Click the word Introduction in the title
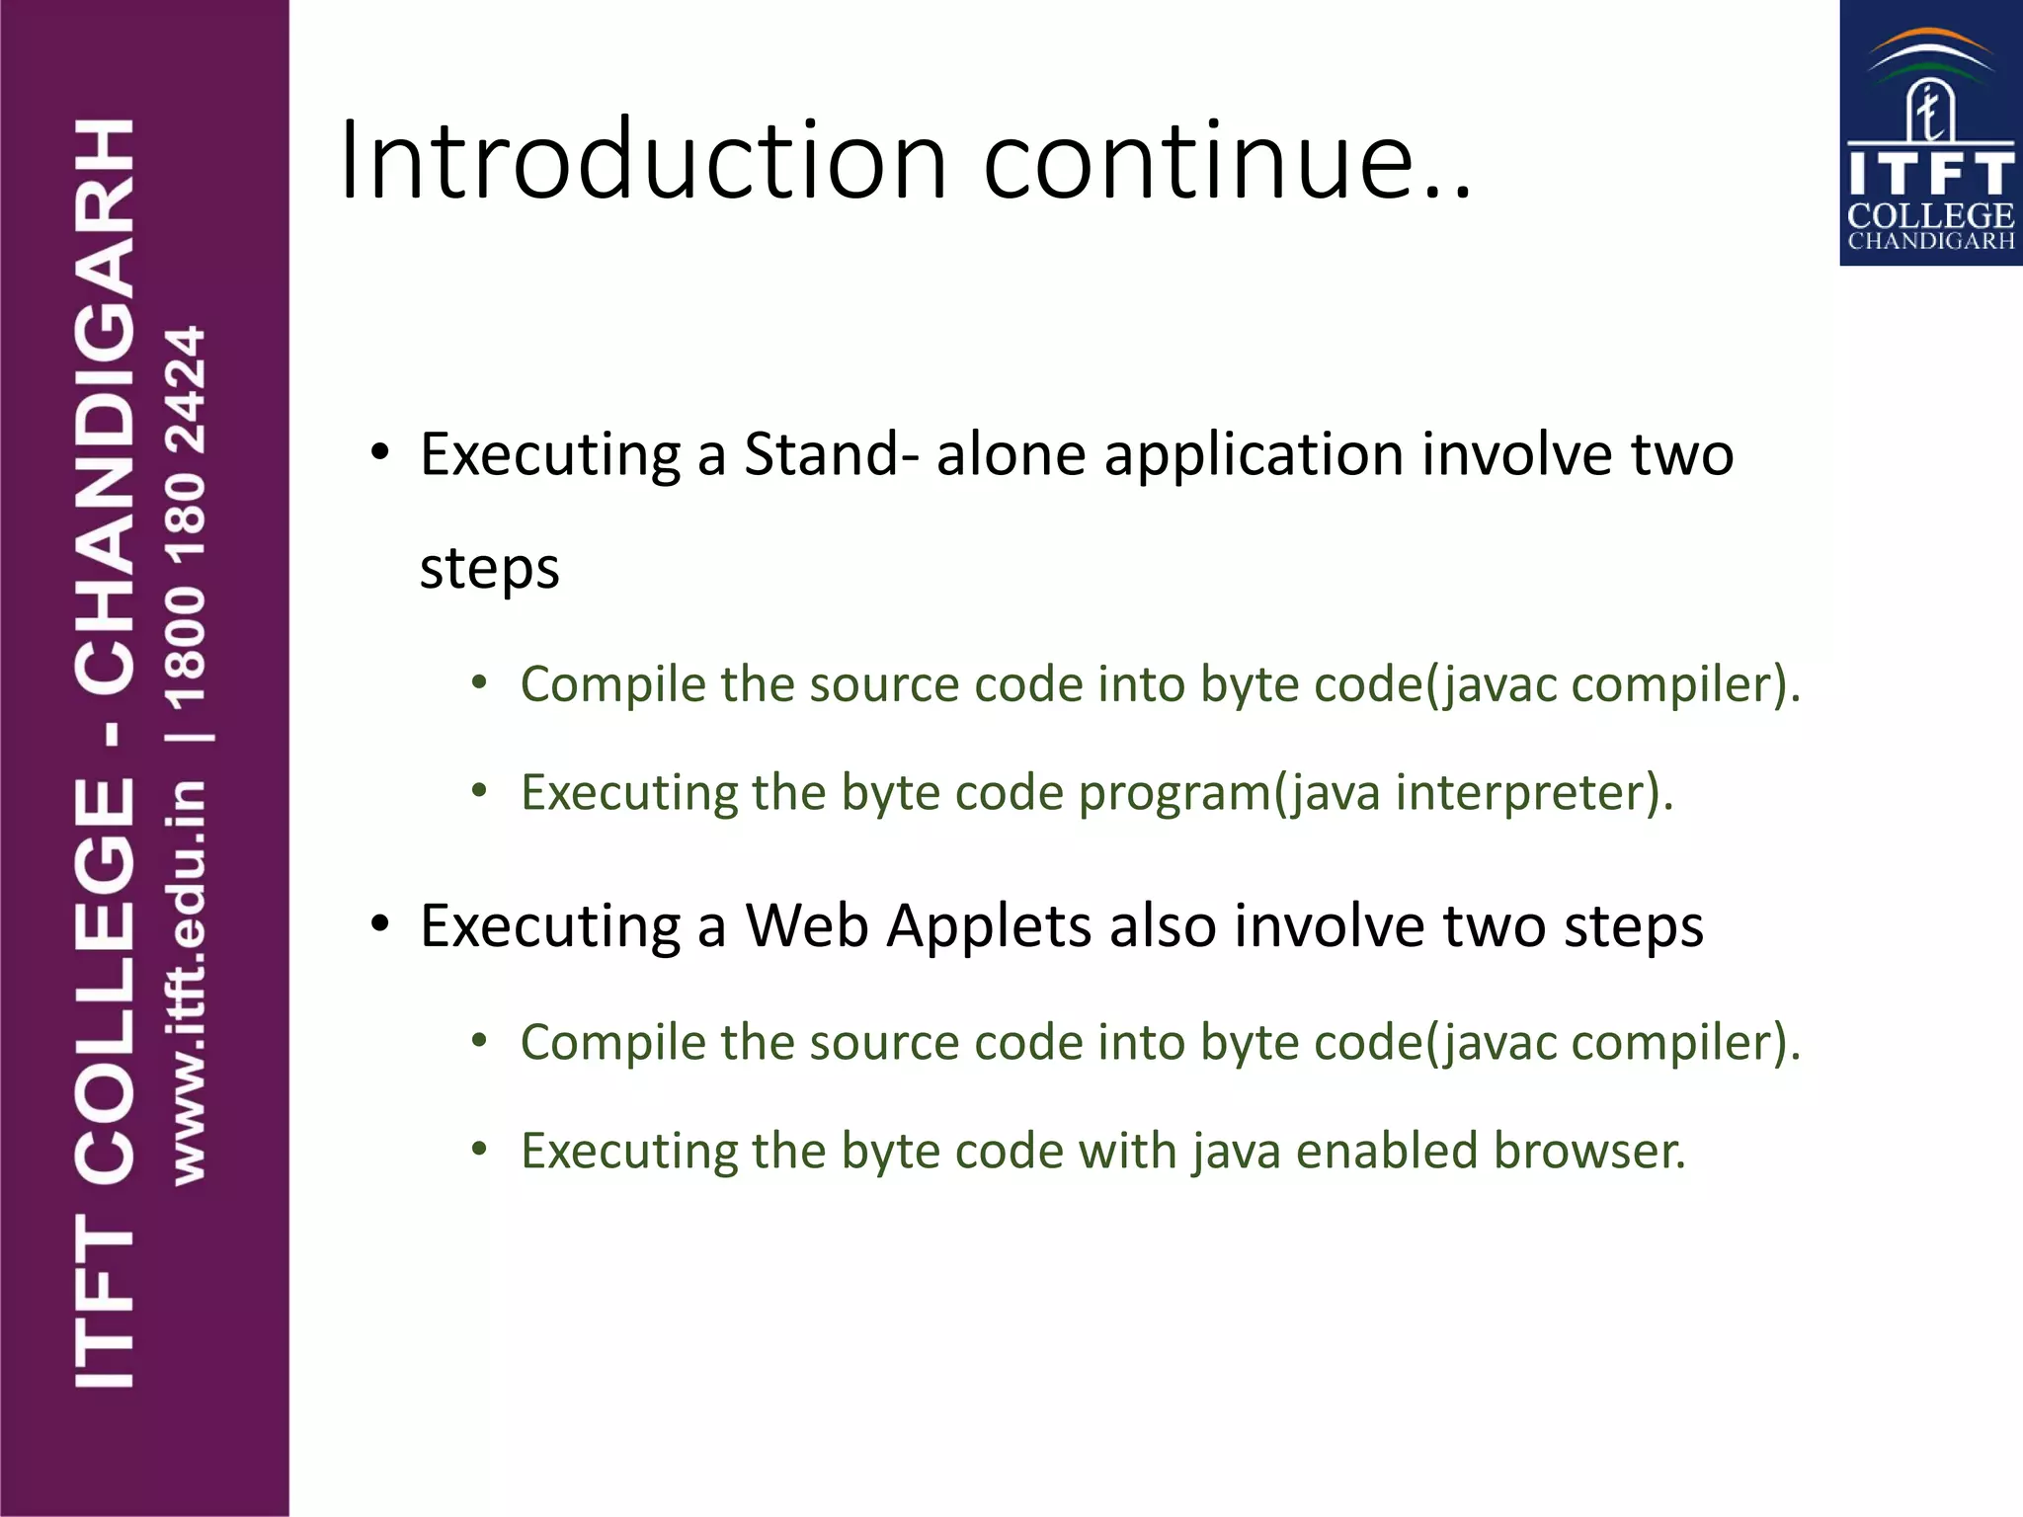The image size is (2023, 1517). pyautogui.click(x=643, y=160)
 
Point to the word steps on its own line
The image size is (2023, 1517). pyautogui.click(x=489, y=569)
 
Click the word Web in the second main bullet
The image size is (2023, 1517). pyautogui.click(x=806, y=926)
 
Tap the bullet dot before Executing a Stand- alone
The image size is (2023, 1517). pyautogui.click(x=381, y=454)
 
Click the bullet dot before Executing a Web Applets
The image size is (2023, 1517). pyautogui.click(x=381, y=925)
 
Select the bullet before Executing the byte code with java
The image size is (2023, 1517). pyautogui.click(x=480, y=1150)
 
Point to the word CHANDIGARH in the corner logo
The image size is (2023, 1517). pyautogui.click(x=1930, y=241)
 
